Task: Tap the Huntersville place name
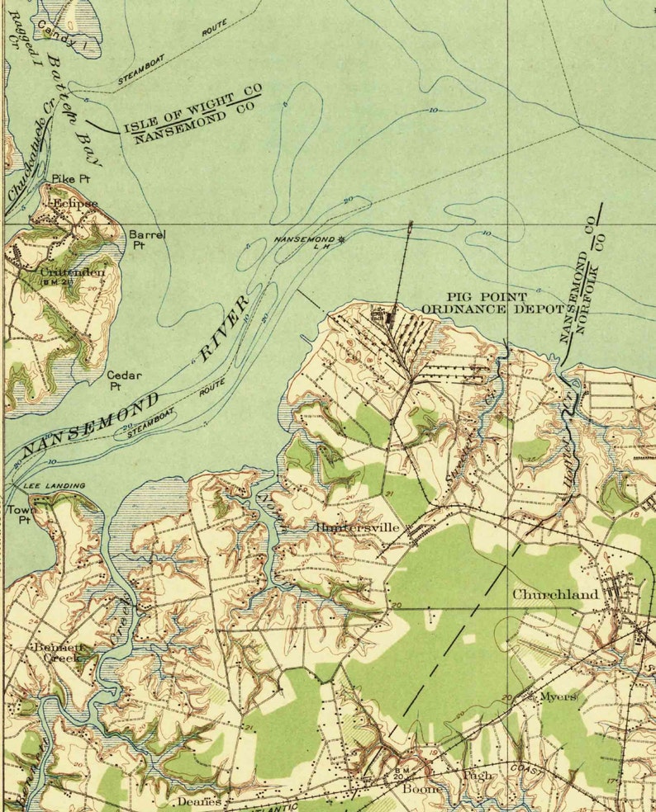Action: pyautogui.click(x=357, y=527)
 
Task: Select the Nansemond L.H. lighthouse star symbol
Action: pyautogui.click(x=341, y=240)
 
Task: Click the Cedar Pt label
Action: pyautogui.click(x=124, y=380)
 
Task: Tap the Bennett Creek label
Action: pyautogui.click(x=56, y=653)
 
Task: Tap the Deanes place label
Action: pyautogui.click(x=199, y=801)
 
